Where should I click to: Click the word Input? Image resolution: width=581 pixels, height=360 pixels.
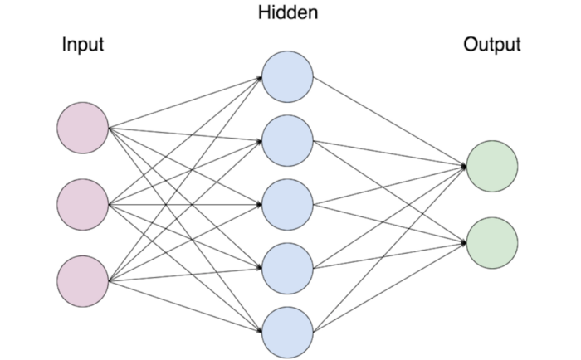pos(83,44)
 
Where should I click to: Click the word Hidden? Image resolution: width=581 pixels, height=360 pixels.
pos(288,12)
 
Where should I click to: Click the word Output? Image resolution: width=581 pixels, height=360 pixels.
pos(492,44)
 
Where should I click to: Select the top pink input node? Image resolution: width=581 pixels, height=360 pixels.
pos(83,129)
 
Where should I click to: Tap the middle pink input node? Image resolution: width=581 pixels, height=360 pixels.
pos(83,204)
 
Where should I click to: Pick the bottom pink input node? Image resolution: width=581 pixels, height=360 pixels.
pos(83,280)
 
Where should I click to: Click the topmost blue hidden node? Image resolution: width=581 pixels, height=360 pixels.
pos(288,76)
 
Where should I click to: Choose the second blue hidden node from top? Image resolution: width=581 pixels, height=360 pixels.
pos(288,140)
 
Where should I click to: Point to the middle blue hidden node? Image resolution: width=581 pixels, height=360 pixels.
pos(288,204)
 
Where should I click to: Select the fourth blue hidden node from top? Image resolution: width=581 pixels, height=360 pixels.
pos(288,268)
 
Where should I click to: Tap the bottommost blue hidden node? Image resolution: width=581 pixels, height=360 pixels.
pos(288,331)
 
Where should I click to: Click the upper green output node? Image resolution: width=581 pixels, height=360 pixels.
pos(492,166)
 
